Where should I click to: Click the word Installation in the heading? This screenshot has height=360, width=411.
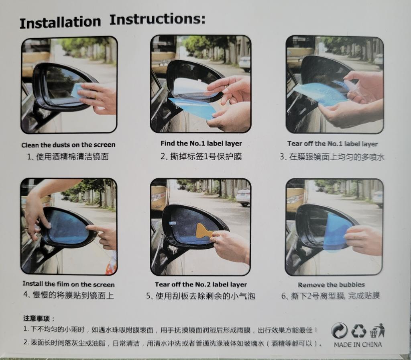[60, 22]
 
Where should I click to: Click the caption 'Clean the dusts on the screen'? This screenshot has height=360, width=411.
[68, 145]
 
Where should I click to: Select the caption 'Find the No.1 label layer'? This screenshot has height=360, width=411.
[201, 143]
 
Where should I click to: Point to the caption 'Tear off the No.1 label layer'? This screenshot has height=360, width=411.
[332, 144]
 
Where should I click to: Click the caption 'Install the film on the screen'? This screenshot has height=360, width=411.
[69, 284]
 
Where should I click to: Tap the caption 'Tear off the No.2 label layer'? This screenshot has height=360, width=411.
[201, 284]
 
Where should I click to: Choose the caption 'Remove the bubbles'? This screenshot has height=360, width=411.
[331, 285]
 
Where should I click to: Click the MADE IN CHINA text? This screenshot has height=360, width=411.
[358, 344]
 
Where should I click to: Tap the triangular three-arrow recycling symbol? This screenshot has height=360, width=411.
[358, 331]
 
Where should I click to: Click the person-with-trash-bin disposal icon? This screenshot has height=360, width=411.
[377, 331]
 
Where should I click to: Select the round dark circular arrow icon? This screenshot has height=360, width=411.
[340, 331]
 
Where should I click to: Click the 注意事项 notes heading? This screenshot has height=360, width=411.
[39, 319]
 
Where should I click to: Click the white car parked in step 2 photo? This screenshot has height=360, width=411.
[244, 63]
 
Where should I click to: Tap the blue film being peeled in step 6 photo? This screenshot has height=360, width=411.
[336, 232]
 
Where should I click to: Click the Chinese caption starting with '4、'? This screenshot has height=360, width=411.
[68, 295]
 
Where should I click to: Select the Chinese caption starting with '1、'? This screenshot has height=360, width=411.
[68, 157]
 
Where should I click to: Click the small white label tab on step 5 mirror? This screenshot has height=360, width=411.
[173, 223]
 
